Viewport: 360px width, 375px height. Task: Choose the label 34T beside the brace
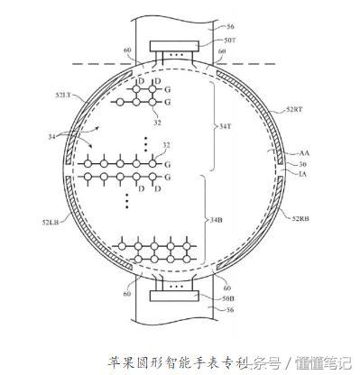pyautogui.click(x=226, y=126)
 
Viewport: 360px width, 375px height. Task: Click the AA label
pyautogui.click(x=295, y=155)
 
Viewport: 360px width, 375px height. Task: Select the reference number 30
pyautogui.click(x=292, y=164)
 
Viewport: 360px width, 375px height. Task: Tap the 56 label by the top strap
pyautogui.click(x=226, y=28)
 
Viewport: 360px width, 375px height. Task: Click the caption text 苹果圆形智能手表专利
pyautogui.click(x=180, y=361)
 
